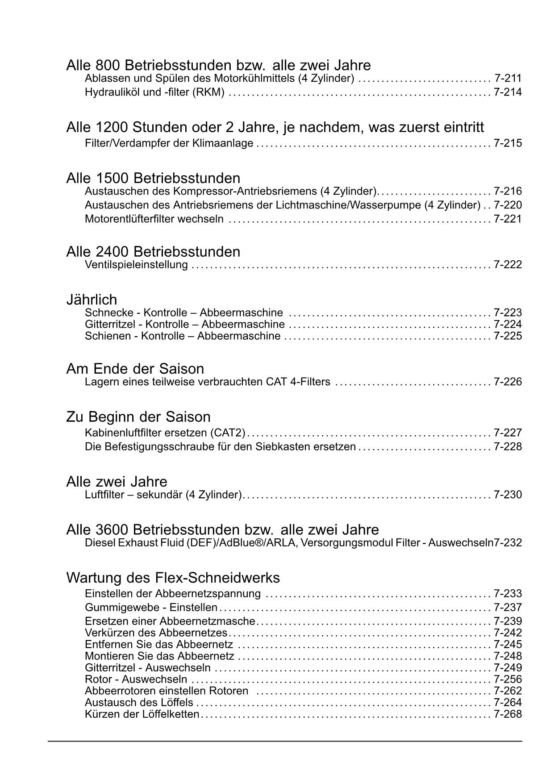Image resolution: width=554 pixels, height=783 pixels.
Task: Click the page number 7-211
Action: point(508,79)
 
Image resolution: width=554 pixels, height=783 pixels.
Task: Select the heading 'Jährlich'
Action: point(92,300)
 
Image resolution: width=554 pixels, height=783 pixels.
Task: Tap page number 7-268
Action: point(508,714)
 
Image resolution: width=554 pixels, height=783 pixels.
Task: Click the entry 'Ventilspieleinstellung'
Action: point(136,265)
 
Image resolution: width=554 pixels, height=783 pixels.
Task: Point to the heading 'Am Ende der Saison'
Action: point(135,369)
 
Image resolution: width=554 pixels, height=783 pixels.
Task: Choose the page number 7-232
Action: point(508,543)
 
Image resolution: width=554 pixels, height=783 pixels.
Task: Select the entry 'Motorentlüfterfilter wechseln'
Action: point(154,219)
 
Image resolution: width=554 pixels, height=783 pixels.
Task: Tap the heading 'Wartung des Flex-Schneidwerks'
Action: point(173,578)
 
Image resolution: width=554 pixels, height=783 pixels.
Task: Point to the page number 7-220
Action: point(508,205)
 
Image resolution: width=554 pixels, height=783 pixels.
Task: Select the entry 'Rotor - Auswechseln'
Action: point(136,679)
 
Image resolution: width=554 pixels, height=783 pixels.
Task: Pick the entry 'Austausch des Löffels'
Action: point(139,703)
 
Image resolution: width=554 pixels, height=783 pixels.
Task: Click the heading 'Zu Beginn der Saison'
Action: point(138,417)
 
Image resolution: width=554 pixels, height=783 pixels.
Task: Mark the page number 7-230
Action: point(508,495)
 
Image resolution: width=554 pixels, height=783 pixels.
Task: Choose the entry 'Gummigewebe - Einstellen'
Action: point(151,608)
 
